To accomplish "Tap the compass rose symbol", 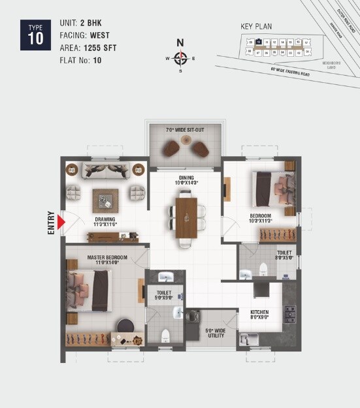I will tap(181, 58).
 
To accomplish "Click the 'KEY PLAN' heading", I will tap(256, 27).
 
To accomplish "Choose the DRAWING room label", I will tap(105, 221).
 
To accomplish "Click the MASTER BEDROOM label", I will tap(107, 260).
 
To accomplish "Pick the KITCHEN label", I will tap(259, 315).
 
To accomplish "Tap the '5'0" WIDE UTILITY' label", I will tap(215, 334).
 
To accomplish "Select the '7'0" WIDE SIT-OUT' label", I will tap(185, 130).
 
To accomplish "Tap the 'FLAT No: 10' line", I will tap(80, 61).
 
